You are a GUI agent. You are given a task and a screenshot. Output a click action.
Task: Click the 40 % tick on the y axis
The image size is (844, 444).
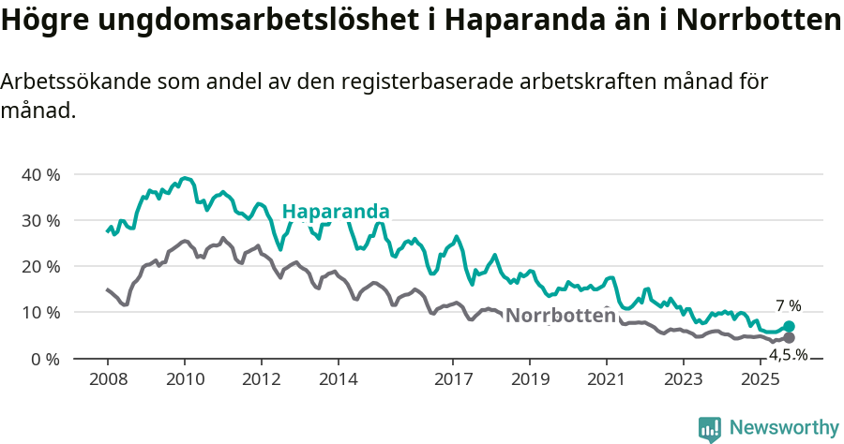(x=39, y=175)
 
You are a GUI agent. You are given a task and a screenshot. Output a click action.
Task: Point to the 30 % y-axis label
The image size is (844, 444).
(x=39, y=221)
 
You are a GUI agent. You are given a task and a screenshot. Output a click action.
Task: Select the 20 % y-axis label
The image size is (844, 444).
(x=39, y=267)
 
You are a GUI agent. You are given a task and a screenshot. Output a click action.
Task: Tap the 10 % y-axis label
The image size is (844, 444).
(x=39, y=313)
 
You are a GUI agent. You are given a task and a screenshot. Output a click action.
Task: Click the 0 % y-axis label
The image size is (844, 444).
(x=44, y=359)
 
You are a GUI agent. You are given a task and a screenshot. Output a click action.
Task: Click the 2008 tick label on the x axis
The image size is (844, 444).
(x=107, y=379)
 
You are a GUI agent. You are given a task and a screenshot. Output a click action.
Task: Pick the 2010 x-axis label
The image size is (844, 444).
(x=184, y=379)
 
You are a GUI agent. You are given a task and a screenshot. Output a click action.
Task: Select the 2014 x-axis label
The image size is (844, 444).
(x=338, y=379)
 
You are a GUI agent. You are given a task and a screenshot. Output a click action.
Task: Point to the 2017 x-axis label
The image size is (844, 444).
(x=453, y=379)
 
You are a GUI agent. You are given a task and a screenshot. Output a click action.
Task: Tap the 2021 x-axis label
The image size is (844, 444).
(x=606, y=379)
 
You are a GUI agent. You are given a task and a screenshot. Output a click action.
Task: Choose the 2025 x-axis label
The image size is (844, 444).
(x=760, y=379)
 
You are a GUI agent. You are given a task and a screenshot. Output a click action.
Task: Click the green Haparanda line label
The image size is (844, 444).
(x=335, y=211)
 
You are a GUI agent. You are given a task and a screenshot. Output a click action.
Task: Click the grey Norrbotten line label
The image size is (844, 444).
(x=560, y=316)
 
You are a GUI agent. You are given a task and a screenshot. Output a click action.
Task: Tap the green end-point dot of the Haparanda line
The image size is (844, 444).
(x=789, y=326)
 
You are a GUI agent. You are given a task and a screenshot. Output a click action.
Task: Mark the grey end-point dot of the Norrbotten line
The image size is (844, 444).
(x=789, y=337)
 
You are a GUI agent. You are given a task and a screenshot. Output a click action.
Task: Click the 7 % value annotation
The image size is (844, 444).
(x=789, y=306)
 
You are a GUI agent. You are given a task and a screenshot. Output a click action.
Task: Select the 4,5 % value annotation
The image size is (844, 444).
(x=788, y=355)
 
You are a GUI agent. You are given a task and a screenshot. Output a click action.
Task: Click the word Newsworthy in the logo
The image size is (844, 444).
(x=783, y=428)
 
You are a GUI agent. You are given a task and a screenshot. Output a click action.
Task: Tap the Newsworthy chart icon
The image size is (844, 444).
(x=710, y=429)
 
